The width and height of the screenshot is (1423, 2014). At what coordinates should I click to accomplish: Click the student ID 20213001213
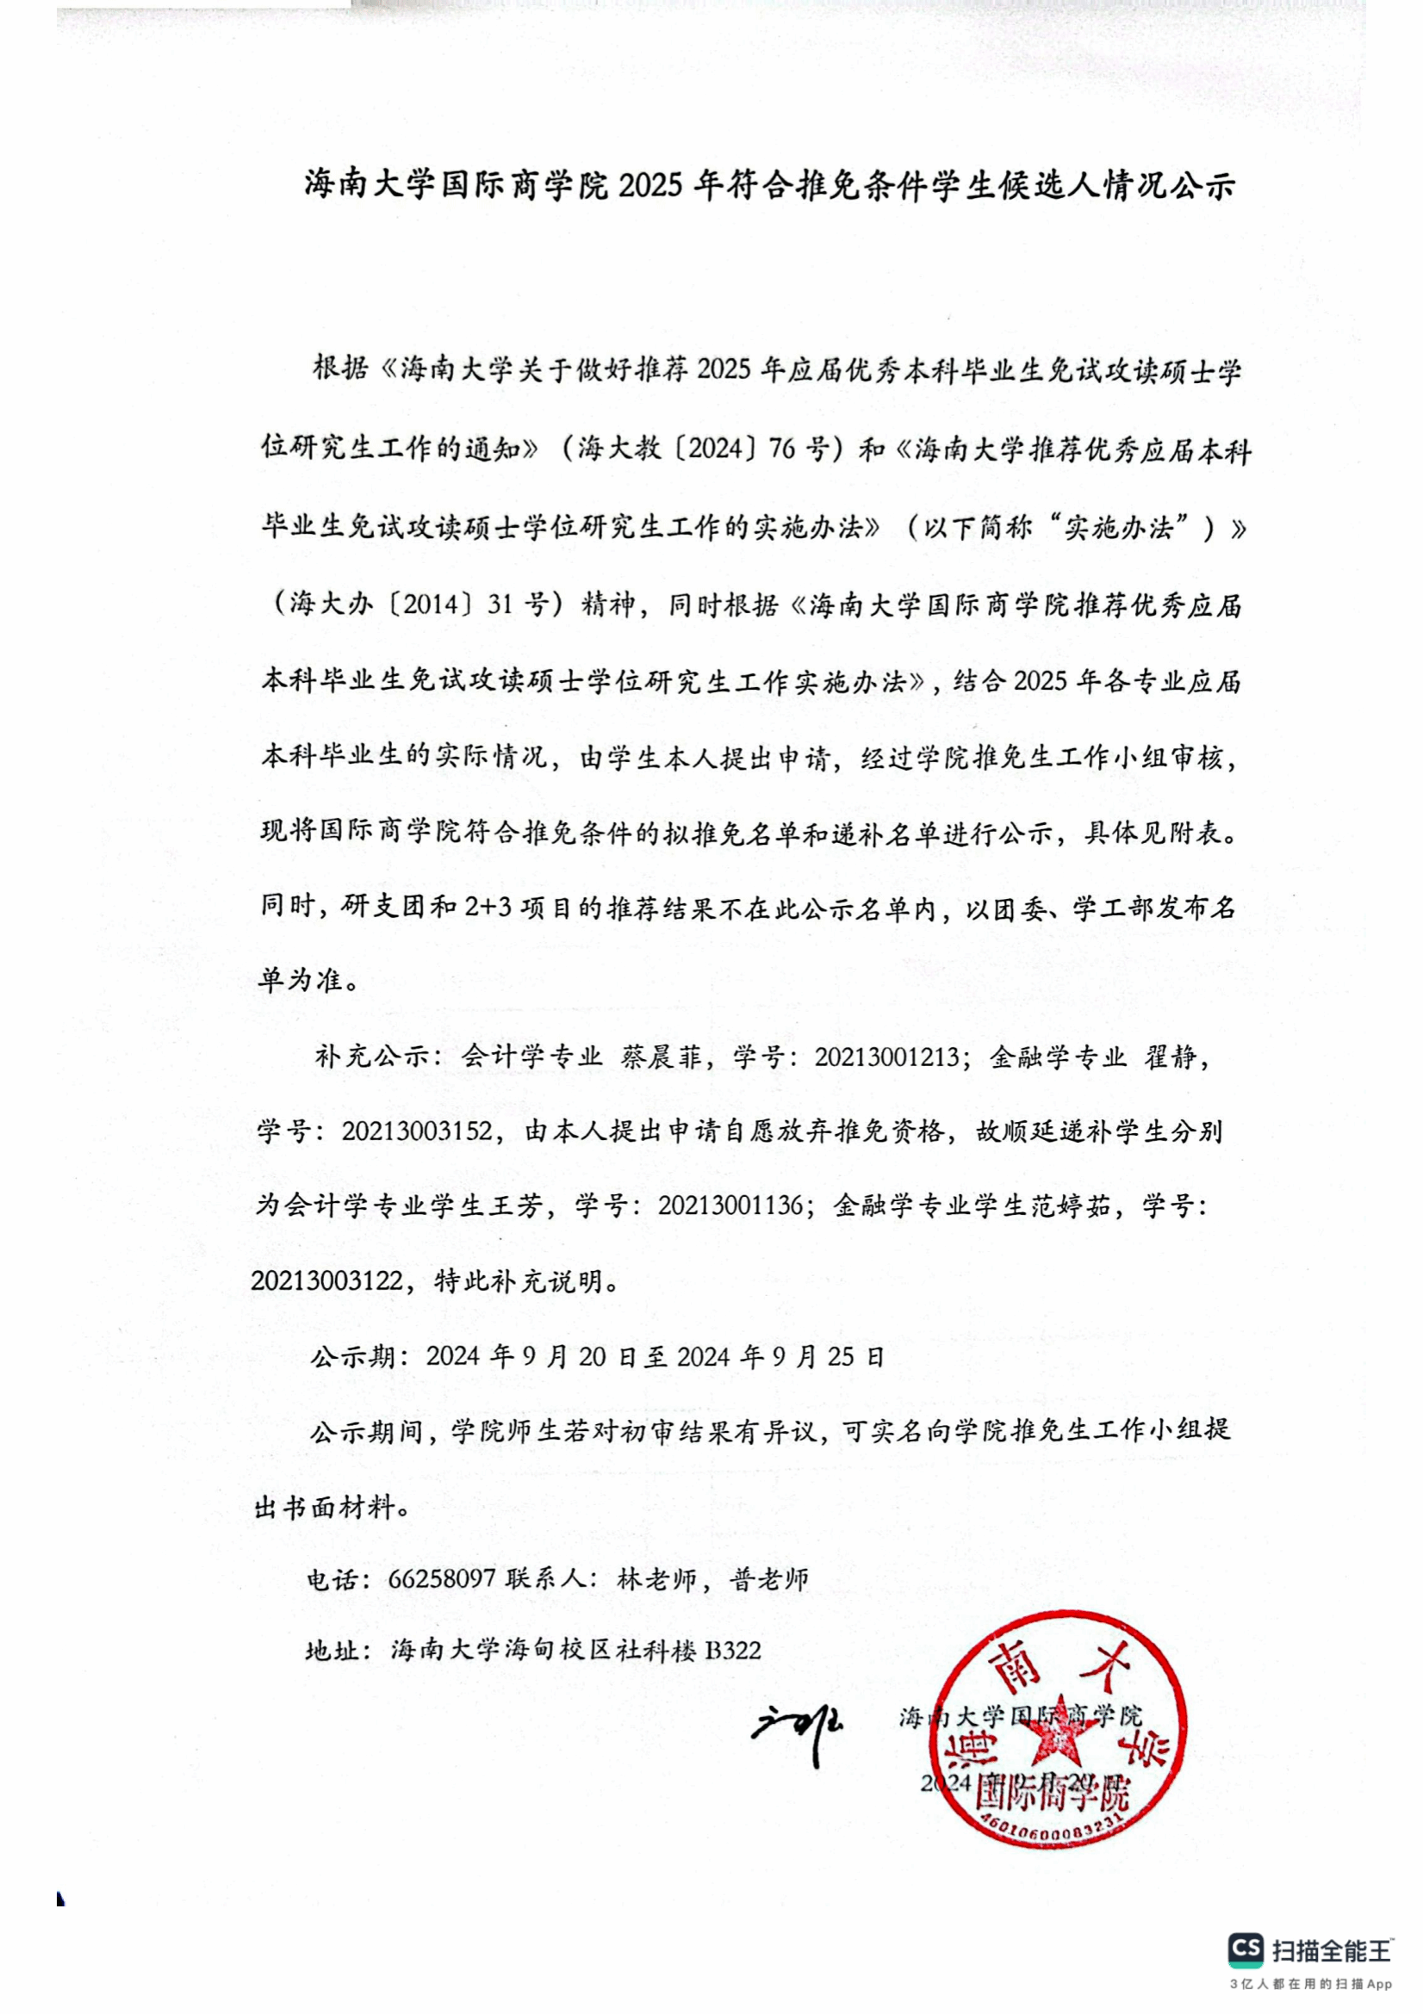click(x=886, y=1057)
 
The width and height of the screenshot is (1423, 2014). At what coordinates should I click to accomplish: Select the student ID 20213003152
click(x=416, y=1131)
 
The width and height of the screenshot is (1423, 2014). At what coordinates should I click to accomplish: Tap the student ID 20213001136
click(x=730, y=1206)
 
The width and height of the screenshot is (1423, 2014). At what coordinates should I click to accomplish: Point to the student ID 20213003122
click(x=326, y=1281)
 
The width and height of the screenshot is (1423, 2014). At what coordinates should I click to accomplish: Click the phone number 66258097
click(x=441, y=1580)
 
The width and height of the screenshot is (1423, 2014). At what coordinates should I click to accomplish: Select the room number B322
click(x=733, y=1651)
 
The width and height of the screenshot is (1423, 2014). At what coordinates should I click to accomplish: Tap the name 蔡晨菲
click(x=662, y=1057)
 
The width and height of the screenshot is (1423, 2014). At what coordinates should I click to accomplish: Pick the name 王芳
click(x=511, y=1206)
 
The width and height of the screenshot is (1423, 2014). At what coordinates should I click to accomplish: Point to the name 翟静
click(x=1170, y=1057)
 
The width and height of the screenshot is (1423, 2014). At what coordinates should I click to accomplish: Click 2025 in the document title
click(x=650, y=186)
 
